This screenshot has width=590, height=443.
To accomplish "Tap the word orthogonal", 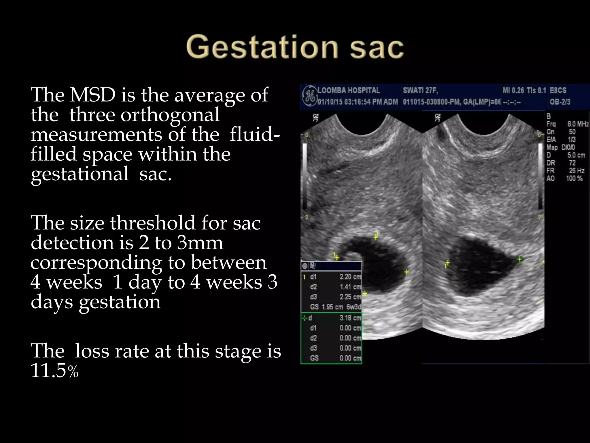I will click(x=170, y=115).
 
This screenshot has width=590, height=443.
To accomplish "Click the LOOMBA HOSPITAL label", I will click(x=349, y=91).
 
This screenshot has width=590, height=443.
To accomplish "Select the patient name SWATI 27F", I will click(x=420, y=91).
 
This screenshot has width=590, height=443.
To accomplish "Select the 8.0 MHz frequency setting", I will click(x=578, y=124).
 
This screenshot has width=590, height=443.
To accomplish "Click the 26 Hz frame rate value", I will click(x=576, y=171).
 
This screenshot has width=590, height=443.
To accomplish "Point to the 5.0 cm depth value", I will click(x=576, y=155).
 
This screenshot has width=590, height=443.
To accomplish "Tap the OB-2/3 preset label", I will click(x=560, y=102).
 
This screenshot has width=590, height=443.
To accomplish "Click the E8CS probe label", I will click(x=558, y=91).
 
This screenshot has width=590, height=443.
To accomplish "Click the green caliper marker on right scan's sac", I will click(x=519, y=259).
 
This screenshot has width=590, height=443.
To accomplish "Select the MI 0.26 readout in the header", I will click(x=513, y=91).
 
